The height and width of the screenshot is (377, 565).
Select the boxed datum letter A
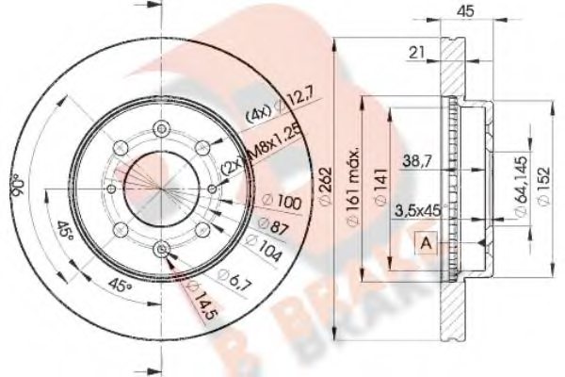pyautogui.click(x=426, y=244)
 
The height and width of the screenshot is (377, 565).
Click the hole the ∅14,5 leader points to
pyautogui.click(x=162, y=249)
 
